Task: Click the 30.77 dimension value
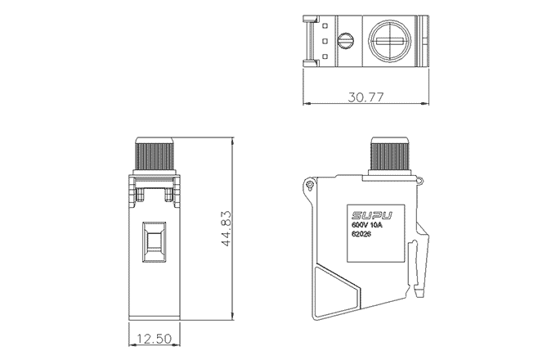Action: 365,97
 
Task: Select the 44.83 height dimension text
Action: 226,229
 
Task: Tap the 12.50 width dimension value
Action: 154,339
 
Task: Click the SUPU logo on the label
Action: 372,216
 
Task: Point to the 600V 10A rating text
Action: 368,226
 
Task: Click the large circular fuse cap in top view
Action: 390,41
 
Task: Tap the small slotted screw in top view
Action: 346,40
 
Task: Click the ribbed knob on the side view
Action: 389,153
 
